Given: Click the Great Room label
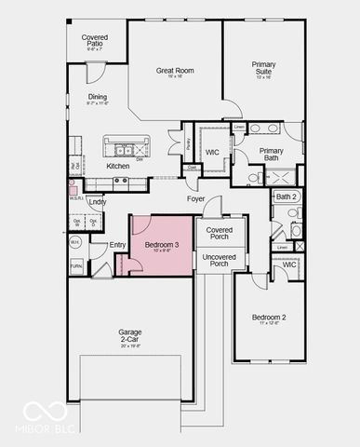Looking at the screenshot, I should (x=174, y=71).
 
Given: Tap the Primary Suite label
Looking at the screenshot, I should (x=264, y=67).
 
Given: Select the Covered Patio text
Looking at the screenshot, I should (x=95, y=40).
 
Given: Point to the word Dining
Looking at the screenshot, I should (x=97, y=97).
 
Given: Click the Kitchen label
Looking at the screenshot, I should (x=118, y=166).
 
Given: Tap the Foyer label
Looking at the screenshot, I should (x=195, y=198).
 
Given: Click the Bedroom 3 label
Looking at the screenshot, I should (x=162, y=244).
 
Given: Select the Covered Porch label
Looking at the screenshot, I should (x=220, y=233).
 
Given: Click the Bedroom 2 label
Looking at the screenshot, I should (x=269, y=318).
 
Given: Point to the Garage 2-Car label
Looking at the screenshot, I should (x=130, y=335).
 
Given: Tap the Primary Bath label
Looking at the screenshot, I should (x=272, y=154).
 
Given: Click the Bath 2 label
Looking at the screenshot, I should (x=287, y=196).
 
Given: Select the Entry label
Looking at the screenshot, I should (x=118, y=245).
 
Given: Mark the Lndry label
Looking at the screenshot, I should (x=97, y=201).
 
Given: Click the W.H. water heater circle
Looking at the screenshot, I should (x=76, y=242).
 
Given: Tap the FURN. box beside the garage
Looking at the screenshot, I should (x=76, y=265).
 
